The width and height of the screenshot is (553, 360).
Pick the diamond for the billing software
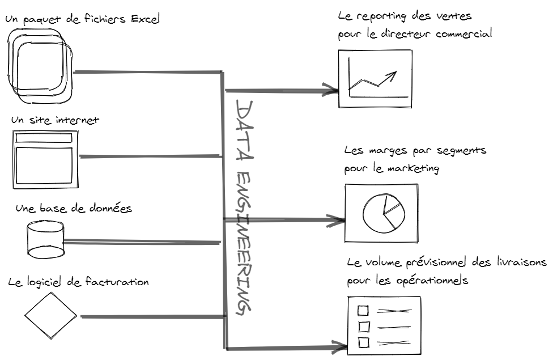click(x=50, y=315)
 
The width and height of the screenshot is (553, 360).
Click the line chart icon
click(x=375, y=78)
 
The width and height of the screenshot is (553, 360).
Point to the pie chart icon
click(x=382, y=213)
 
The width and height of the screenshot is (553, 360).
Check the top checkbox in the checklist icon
click(x=363, y=310)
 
